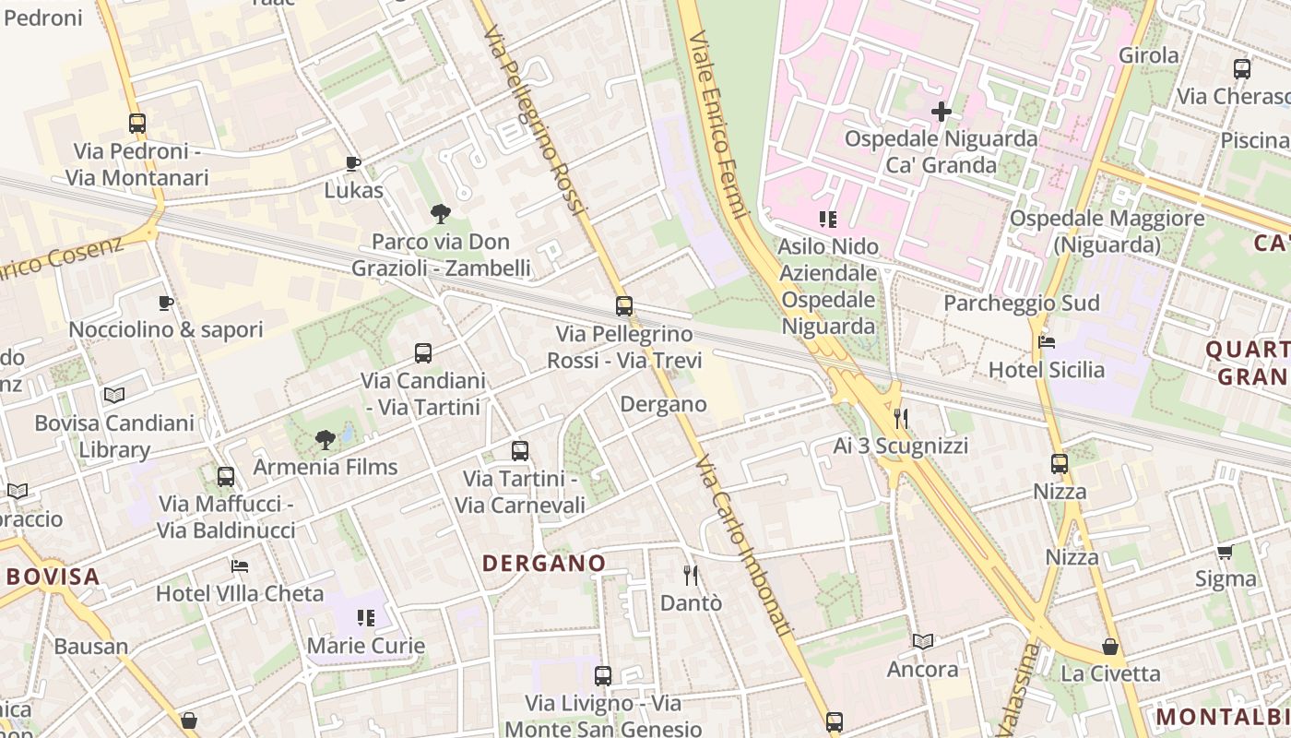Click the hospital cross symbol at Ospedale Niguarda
941,113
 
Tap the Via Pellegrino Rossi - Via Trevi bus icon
624,306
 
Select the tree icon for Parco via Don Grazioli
441,214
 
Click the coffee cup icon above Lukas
352,163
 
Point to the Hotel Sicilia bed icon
1046,342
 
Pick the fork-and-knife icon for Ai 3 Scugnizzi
901,419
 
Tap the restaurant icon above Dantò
691,576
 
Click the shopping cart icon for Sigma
1225,552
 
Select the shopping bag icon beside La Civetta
1110,647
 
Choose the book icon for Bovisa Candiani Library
114,395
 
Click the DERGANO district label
544,563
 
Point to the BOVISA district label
53,577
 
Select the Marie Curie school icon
366,617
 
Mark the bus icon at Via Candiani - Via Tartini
423,352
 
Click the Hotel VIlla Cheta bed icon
240,565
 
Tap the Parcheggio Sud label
1021,304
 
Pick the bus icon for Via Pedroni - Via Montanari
137,123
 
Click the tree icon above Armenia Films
325,439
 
